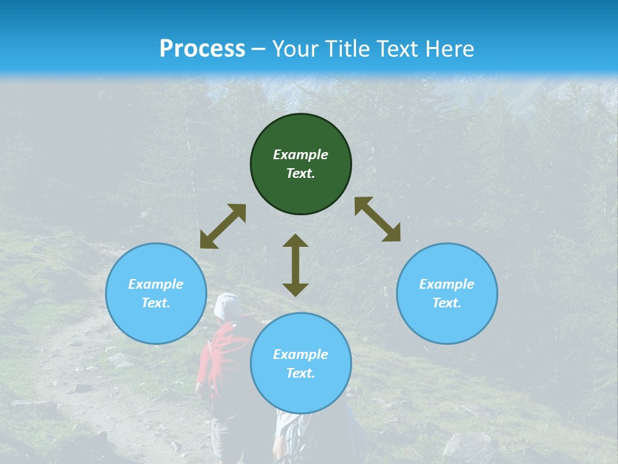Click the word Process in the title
202,49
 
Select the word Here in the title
449,49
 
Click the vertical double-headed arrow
295,265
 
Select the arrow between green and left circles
223,226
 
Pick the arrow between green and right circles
377,219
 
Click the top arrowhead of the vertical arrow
295,240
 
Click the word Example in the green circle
301,155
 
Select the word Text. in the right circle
447,303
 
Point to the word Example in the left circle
156,284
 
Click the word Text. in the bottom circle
301,373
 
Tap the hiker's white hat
227,305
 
